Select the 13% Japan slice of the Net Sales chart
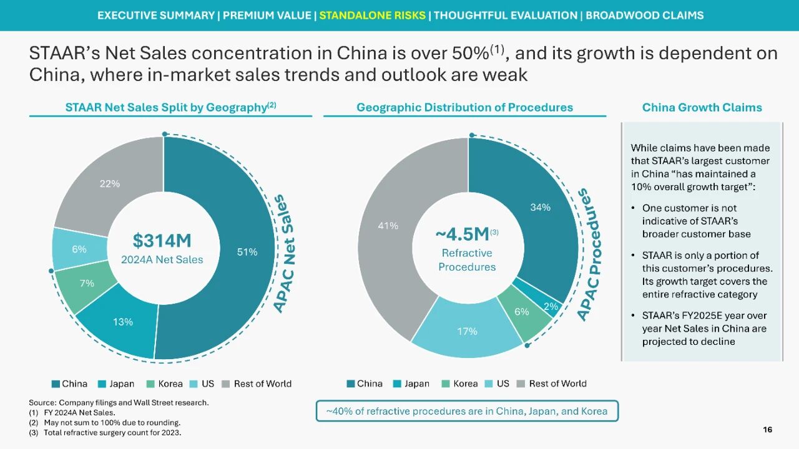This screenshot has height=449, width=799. [x=122, y=322]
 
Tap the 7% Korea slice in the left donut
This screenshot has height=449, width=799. [x=87, y=284]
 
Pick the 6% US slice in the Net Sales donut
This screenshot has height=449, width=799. [x=79, y=249]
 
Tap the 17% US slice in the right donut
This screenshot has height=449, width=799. [x=467, y=331]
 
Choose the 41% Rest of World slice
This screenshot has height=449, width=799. [x=388, y=226]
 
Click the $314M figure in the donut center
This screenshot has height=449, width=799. [x=162, y=241]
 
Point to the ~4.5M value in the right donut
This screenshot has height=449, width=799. [x=463, y=234]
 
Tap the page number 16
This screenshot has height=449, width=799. [x=767, y=429]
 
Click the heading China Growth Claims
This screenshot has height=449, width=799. [x=702, y=107]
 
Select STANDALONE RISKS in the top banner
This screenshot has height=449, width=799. [x=372, y=16]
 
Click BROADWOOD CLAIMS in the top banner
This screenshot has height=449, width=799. [x=645, y=16]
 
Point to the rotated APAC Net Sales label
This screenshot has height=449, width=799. [x=287, y=254]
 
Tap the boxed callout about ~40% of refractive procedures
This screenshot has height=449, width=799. [x=467, y=411]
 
